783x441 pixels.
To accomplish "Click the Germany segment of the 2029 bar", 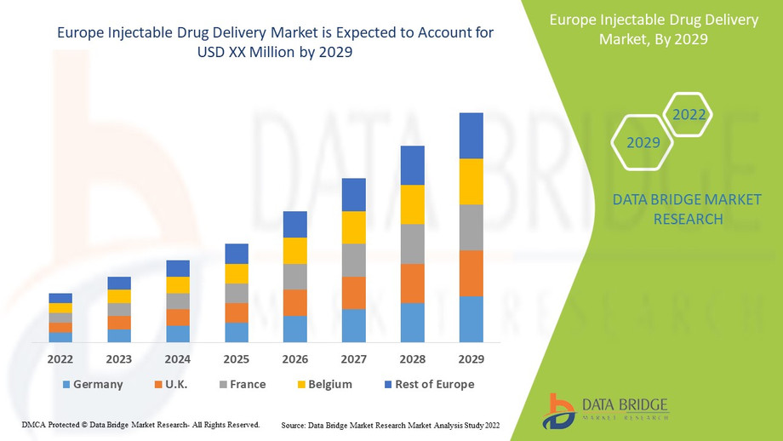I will pyautogui.click(x=471, y=319).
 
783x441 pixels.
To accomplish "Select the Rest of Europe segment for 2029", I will pyautogui.click(x=471, y=135).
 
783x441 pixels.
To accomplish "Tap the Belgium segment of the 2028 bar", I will pyautogui.click(x=412, y=204).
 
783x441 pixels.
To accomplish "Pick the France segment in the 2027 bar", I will pyautogui.click(x=353, y=260).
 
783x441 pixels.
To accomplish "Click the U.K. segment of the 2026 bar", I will pyautogui.click(x=294, y=302).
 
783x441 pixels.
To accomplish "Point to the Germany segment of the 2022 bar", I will pyautogui.click(x=60, y=337).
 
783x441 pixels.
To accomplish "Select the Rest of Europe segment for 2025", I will pyautogui.click(x=236, y=254).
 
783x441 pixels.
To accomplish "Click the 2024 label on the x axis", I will pyautogui.click(x=177, y=359).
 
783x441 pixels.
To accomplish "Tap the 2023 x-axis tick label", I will pyautogui.click(x=118, y=359).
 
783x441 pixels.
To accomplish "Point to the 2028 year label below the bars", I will pyautogui.click(x=412, y=359).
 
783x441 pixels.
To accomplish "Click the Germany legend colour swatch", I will pyautogui.click(x=66, y=385).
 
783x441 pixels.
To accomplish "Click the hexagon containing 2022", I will pyautogui.click(x=688, y=115).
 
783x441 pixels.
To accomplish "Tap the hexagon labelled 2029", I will pyautogui.click(x=643, y=142).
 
